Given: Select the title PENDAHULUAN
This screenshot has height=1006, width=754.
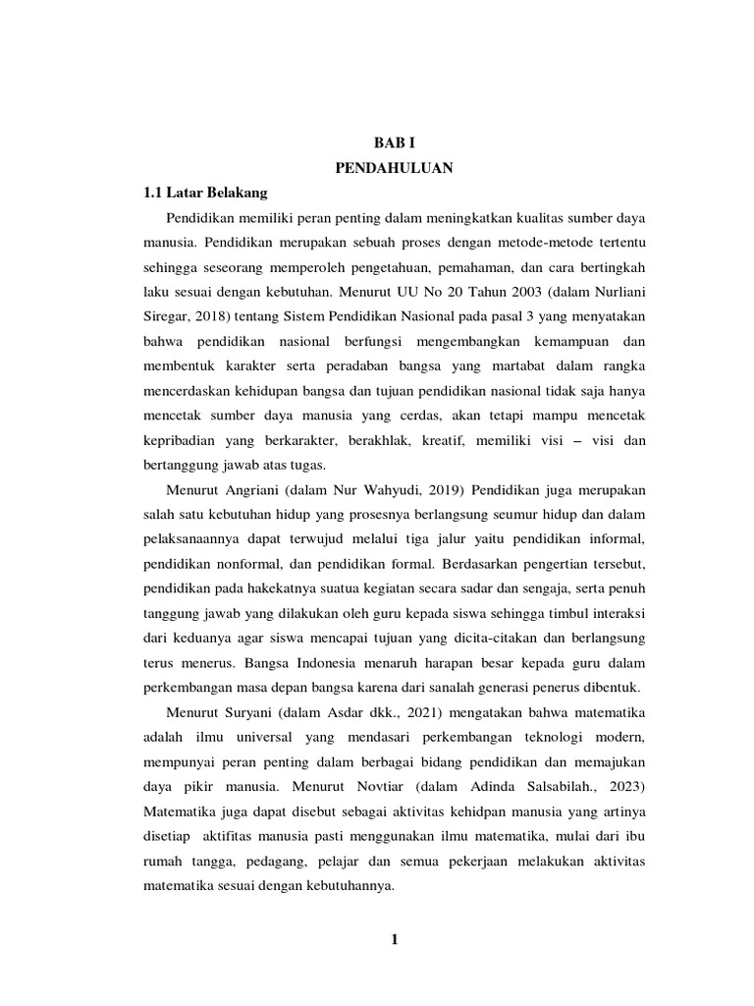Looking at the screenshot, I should [x=393, y=168].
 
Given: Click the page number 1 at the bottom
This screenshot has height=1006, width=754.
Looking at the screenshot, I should [x=394, y=940].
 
